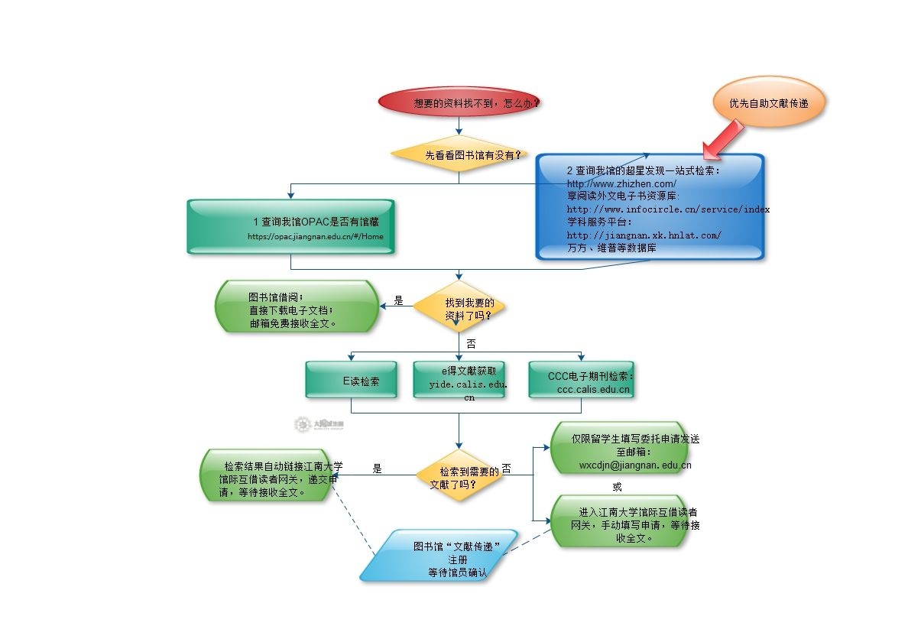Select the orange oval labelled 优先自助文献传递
point(768,102)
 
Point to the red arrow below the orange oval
point(722,139)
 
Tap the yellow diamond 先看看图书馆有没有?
point(459,154)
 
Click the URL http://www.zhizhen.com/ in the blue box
point(621,184)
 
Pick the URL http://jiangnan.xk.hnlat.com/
point(644,235)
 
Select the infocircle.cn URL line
point(668,209)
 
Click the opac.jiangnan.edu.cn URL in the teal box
point(315,236)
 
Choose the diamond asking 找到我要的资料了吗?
point(459,307)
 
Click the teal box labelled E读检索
point(351,380)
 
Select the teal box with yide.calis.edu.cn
point(459,380)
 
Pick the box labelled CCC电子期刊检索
point(582,380)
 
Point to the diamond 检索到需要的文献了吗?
point(459,475)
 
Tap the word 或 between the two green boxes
point(617,487)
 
